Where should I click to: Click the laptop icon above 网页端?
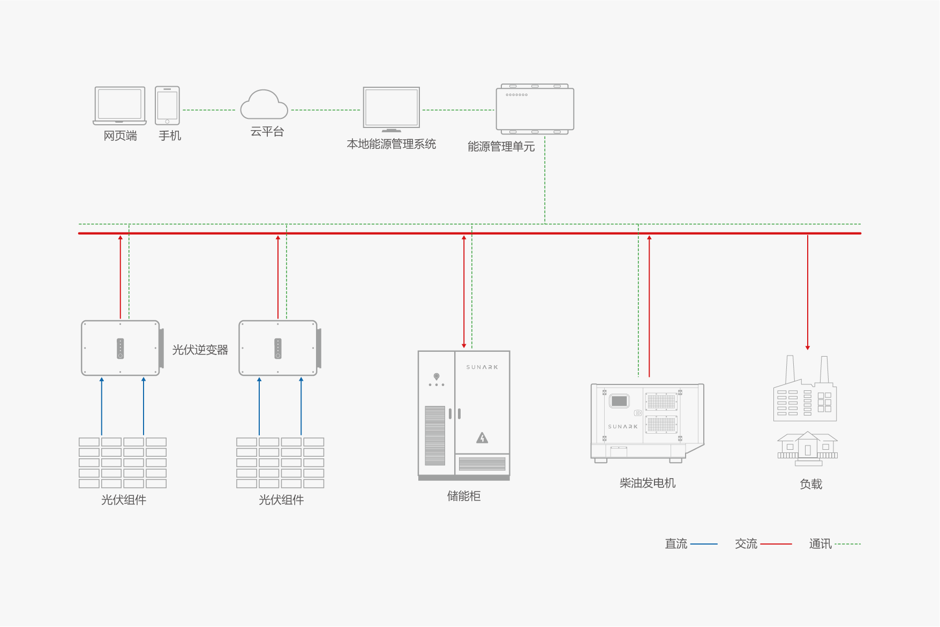[x=119, y=105]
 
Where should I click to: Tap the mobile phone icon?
[x=167, y=105]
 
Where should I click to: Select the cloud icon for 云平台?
[x=264, y=105]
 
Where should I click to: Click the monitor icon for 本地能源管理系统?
[x=391, y=109]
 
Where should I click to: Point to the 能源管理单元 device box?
[x=535, y=109]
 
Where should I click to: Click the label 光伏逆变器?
[x=200, y=350]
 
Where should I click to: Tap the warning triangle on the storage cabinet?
[x=482, y=438]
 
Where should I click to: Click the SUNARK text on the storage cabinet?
[x=482, y=367]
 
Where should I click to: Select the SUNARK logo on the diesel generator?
[x=622, y=427]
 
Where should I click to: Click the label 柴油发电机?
[x=647, y=483]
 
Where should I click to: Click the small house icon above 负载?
[x=807, y=448]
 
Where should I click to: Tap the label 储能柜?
[x=463, y=496]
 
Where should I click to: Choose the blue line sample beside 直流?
[x=704, y=544]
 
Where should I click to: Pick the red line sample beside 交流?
[x=776, y=544]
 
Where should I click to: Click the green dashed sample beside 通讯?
[x=847, y=544]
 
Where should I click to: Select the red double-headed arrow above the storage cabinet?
[x=464, y=292]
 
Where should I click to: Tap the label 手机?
[x=170, y=136]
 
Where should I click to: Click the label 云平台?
[x=267, y=132]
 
